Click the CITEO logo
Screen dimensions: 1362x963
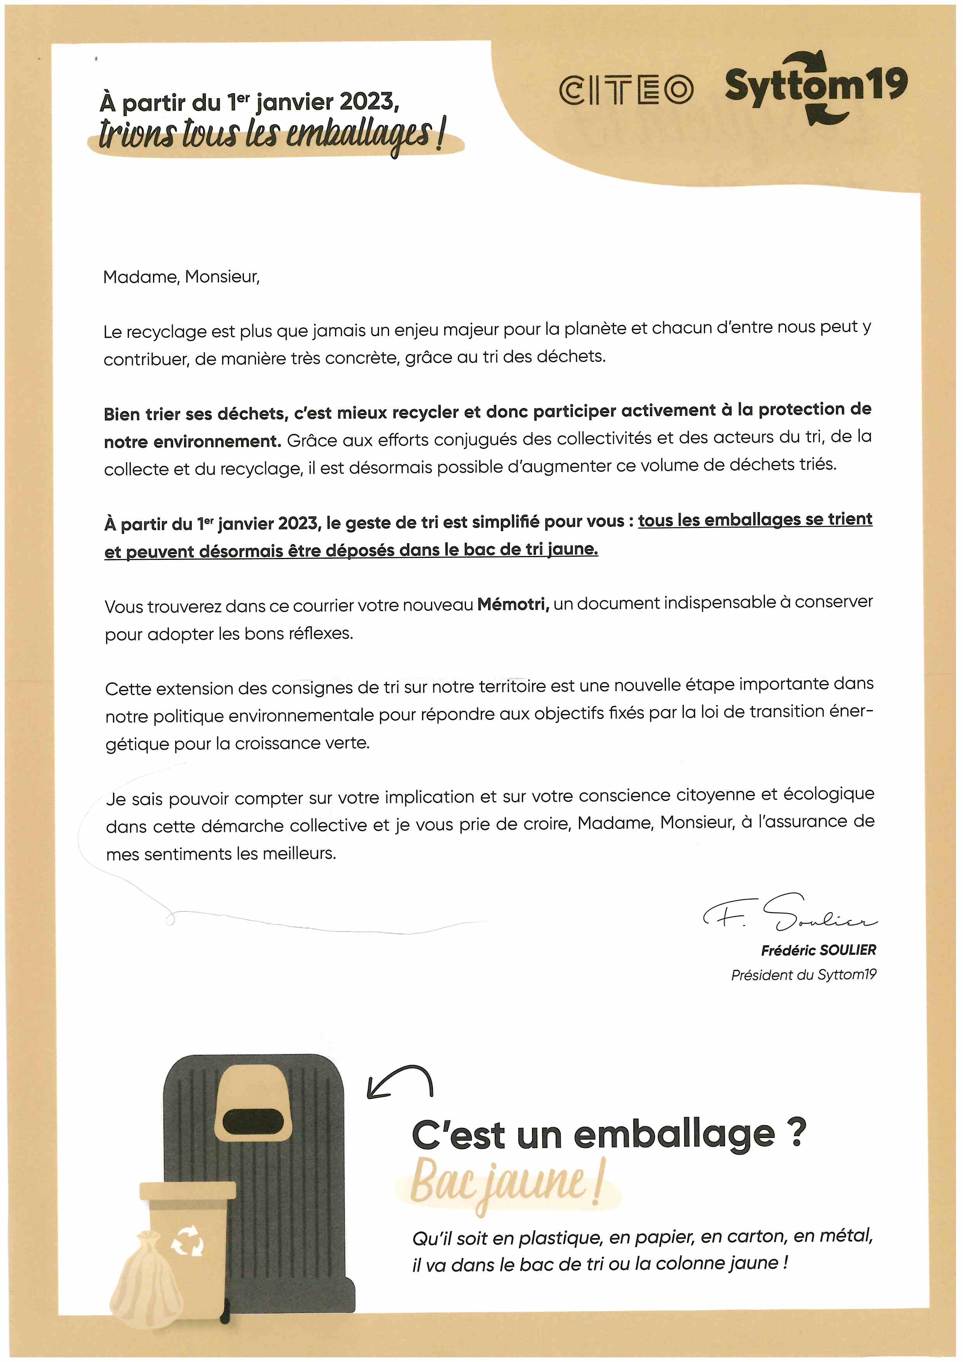point(626,90)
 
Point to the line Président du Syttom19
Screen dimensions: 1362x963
point(803,975)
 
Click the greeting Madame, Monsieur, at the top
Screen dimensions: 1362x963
point(181,277)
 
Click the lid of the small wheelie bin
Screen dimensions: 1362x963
point(188,1191)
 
